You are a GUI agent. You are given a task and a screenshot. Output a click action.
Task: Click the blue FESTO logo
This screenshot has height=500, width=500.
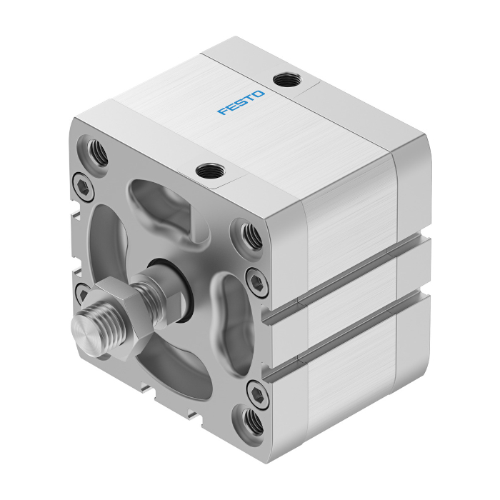(x=241, y=103)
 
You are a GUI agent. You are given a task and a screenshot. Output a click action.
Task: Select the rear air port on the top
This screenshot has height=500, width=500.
(x=287, y=79)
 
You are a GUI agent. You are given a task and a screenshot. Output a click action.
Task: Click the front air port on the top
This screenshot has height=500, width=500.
(x=210, y=171)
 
